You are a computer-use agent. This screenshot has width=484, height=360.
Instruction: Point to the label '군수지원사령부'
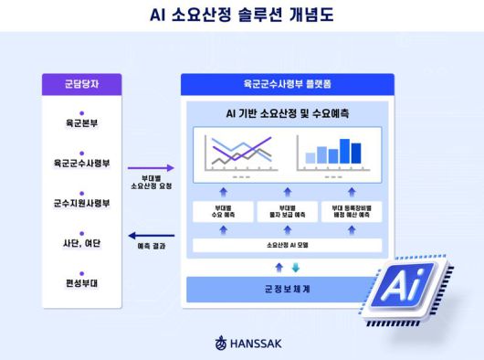[x=81, y=204]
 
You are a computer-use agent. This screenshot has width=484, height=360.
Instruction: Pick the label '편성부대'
[x=81, y=282]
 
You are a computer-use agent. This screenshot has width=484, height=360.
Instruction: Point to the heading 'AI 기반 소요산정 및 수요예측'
[x=285, y=114]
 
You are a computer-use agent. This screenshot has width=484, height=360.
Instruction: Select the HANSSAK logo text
[x=250, y=344]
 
